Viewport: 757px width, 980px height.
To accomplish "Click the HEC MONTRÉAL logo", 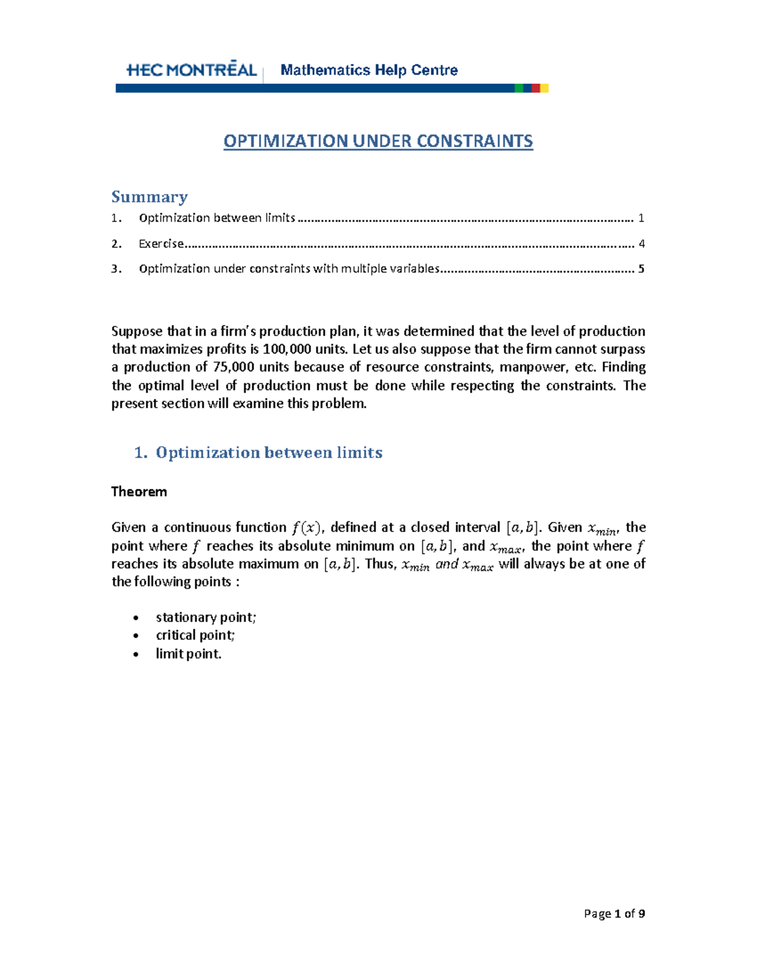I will pyautogui.click(x=191, y=70).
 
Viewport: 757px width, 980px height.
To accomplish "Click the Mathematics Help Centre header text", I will pyautogui.click(x=369, y=70).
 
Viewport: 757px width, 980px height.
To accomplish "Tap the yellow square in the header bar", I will pyautogui.click(x=544, y=88).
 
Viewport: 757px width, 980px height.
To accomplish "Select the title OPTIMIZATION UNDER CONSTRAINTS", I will pyautogui.click(x=378, y=141).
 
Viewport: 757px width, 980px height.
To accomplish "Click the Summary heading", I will pyautogui.click(x=150, y=197).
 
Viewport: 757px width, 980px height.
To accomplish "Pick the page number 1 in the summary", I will pyautogui.click(x=641, y=218).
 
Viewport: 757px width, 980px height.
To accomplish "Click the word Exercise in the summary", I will pyautogui.click(x=161, y=244).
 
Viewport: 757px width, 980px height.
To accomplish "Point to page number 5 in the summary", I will pyautogui.click(x=641, y=269).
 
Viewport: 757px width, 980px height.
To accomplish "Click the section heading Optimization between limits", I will pyautogui.click(x=269, y=452).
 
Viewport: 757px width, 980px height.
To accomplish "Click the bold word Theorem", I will pyautogui.click(x=139, y=492).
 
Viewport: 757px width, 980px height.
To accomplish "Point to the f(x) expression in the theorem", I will pyautogui.click(x=306, y=528).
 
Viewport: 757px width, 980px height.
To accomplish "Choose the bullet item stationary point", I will pyautogui.click(x=206, y=617).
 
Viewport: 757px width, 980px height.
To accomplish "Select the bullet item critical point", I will pyautogui.click(x=195, y=635).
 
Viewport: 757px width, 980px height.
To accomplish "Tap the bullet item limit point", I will pyautogui.click(x=189, y=654).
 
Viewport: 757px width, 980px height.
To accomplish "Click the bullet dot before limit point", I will pyautogui.click(x=136, y=654).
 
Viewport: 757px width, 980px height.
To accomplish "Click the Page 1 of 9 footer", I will pyautogui.click(x=614, y=913).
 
